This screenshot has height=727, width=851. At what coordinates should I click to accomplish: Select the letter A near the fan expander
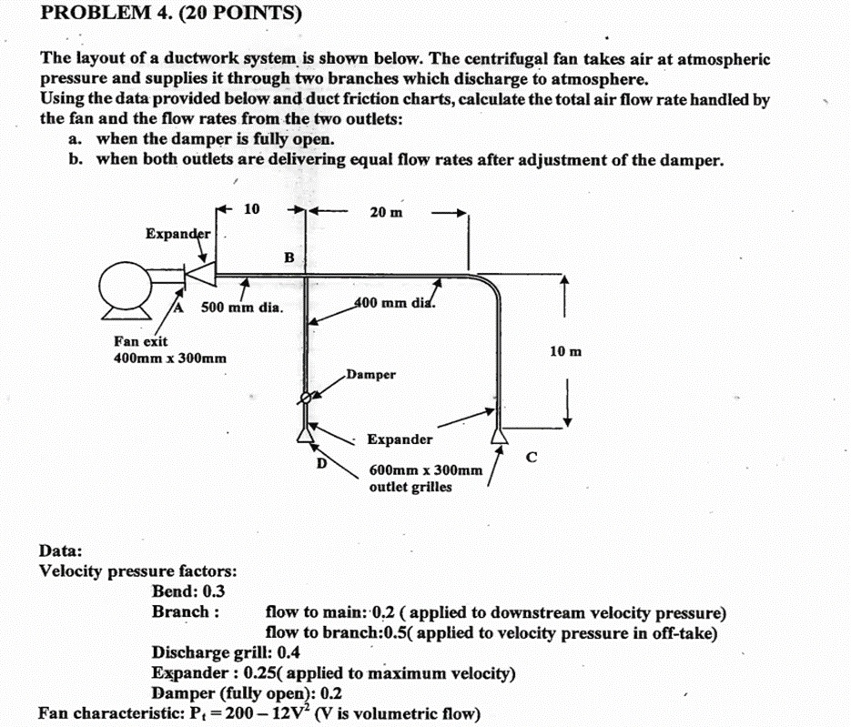pyautogui.click(x=179, y=308)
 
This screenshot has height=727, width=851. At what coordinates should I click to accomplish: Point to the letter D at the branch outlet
pyautogui.click(x=320, y=462)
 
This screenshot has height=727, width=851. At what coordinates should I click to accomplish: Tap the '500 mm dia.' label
pyautogui.click(x=242, y=308)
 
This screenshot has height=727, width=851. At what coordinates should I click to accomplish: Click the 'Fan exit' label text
pyautogui.click(x=140, y=341)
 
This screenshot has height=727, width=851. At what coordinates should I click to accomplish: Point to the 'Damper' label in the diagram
pyautogui.click(x=370, y=374)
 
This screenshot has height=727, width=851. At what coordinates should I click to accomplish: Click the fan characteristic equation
pyautogui.click(x=258, y=712)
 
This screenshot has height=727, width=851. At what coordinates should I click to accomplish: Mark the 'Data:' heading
pyautogui.click(x=60, y=550)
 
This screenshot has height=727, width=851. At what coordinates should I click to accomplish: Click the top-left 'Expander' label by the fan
pyautogui.click(x=178, y=234)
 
